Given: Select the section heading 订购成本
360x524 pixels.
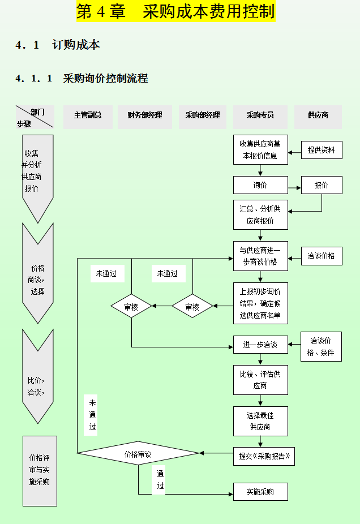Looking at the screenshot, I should point(76,45).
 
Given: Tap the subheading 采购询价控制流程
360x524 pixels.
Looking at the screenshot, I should point(105,79).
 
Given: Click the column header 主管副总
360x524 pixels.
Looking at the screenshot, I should point(88,115).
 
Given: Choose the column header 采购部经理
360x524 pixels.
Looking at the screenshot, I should point(203,115).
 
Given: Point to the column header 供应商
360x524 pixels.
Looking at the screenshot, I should point(318,115).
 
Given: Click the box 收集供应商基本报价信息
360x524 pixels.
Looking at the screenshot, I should point(260,150).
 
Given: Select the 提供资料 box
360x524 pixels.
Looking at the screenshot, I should point(322,150).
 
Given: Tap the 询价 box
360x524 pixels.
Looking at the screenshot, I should point(260,185).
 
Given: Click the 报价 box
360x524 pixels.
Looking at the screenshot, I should point(322,185).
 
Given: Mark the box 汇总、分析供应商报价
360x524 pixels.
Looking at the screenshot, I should point(260,215).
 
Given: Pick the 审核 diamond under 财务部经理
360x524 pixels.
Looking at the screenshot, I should point(131,307).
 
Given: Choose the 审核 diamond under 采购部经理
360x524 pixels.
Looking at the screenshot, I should point(192,307).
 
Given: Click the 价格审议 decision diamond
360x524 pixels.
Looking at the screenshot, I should point(138,453).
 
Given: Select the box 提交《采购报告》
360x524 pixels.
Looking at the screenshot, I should point(264,456).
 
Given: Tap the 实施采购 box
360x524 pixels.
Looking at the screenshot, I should point(260,492).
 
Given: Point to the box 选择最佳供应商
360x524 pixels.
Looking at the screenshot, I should point(260,421).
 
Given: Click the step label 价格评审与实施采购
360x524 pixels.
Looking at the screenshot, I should point(40,470).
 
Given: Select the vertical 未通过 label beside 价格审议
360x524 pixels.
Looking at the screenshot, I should point(92,415).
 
